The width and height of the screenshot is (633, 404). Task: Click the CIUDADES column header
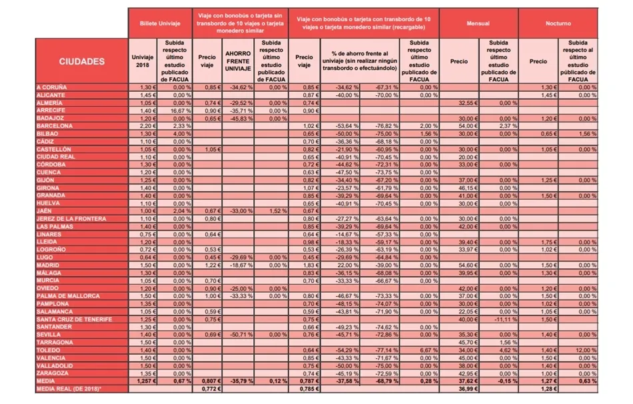[81, 61]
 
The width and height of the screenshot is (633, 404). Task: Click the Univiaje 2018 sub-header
[143, 61]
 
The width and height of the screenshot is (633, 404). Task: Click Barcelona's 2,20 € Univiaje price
[147, 125]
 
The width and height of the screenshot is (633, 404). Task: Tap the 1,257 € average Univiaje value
[145, 381]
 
